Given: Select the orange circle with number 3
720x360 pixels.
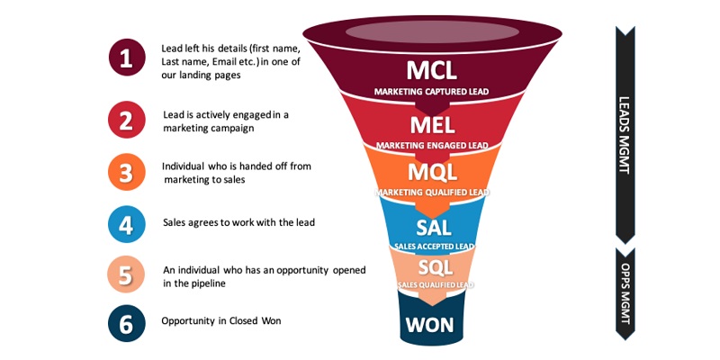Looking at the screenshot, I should (126, 172).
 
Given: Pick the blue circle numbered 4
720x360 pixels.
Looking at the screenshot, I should (126, 224).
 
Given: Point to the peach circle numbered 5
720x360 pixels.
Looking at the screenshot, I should (126, 275).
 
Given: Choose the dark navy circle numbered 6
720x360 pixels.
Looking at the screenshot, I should (126, 324).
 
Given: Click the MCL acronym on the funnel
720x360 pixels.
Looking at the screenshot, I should (432, 69).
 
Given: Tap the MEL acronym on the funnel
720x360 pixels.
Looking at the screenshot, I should (432, 124).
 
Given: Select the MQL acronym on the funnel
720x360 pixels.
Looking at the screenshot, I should (432, 171).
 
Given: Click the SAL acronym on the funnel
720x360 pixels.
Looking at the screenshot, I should (433, 228).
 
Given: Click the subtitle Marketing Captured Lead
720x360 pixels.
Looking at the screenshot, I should (432, 92).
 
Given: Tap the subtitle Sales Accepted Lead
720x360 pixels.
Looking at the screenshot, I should (433, 245).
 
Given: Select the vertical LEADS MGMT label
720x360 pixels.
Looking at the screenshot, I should (624, 135).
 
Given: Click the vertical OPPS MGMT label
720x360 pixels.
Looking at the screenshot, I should (624, 292).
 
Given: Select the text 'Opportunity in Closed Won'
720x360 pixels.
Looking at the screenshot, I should (221, 321).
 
